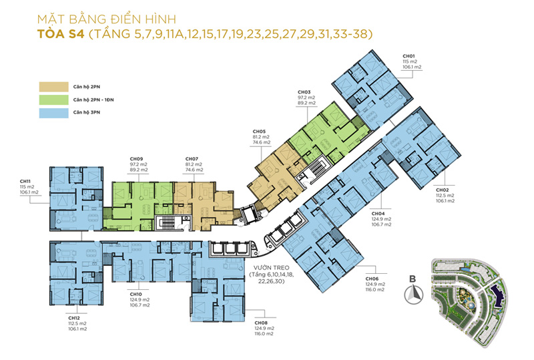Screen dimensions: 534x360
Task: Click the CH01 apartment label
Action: (x=409, y=56)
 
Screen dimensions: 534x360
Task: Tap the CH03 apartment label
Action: (x=304, y=92)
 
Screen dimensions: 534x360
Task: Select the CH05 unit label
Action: (x=259, y=132)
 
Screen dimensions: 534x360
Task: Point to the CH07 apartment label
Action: (x=192, y=159)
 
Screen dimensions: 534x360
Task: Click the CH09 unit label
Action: (x=136, y=159)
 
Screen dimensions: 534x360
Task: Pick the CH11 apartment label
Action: (x=25, y=182)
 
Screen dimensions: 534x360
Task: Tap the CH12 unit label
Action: (x=74, y=318)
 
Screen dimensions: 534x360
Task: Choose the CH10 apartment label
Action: (x=136, y=294)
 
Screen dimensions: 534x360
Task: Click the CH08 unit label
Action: (x=261, y=323)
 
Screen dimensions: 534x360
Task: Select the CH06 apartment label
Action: (x=372, y=279)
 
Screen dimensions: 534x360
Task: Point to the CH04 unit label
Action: (x=378, y=214)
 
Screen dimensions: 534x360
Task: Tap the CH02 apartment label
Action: (x=443, y=190)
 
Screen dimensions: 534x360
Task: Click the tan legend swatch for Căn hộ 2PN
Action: (x=53, y=87)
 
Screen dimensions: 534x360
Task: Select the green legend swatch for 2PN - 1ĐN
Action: (x=53, y=100)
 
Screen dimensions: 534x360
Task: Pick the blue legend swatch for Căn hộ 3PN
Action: (x=53, y=113)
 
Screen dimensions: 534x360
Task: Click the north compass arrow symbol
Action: (x=413, y=295)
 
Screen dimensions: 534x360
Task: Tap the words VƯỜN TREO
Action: (x=271, y=268)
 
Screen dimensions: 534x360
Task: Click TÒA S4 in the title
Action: (x=61, y=34)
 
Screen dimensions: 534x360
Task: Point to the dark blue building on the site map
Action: (x=497, y=296)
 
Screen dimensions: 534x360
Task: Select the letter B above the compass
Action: (x=413, y=279)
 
